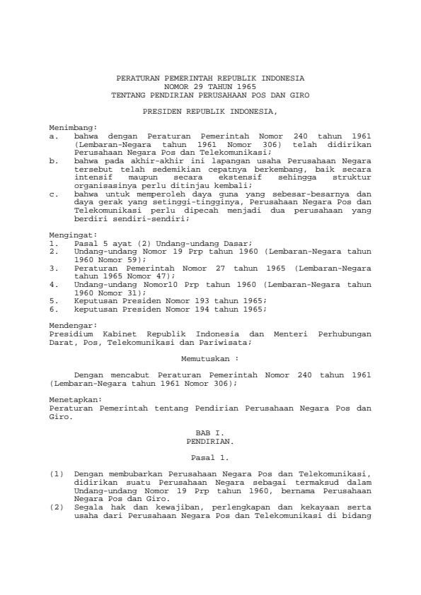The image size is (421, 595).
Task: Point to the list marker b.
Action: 53,160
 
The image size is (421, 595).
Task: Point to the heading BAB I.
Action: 209,432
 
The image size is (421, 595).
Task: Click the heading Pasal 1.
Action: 209,458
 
